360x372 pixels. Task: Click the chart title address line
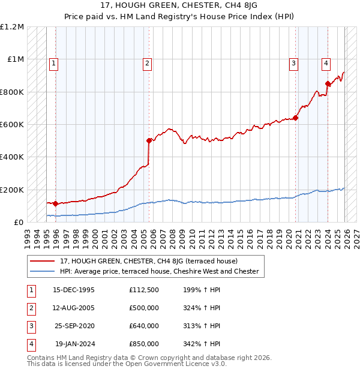179,6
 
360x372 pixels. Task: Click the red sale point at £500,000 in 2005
149,140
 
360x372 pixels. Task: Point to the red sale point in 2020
296,118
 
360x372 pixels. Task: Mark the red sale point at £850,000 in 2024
328,83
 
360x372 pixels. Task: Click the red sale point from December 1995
55,203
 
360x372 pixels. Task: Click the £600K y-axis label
12,125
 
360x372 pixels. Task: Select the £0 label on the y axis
19,223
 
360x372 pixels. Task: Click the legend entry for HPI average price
159,271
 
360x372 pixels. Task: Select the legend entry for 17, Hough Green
149,261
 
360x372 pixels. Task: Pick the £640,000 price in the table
144,326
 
